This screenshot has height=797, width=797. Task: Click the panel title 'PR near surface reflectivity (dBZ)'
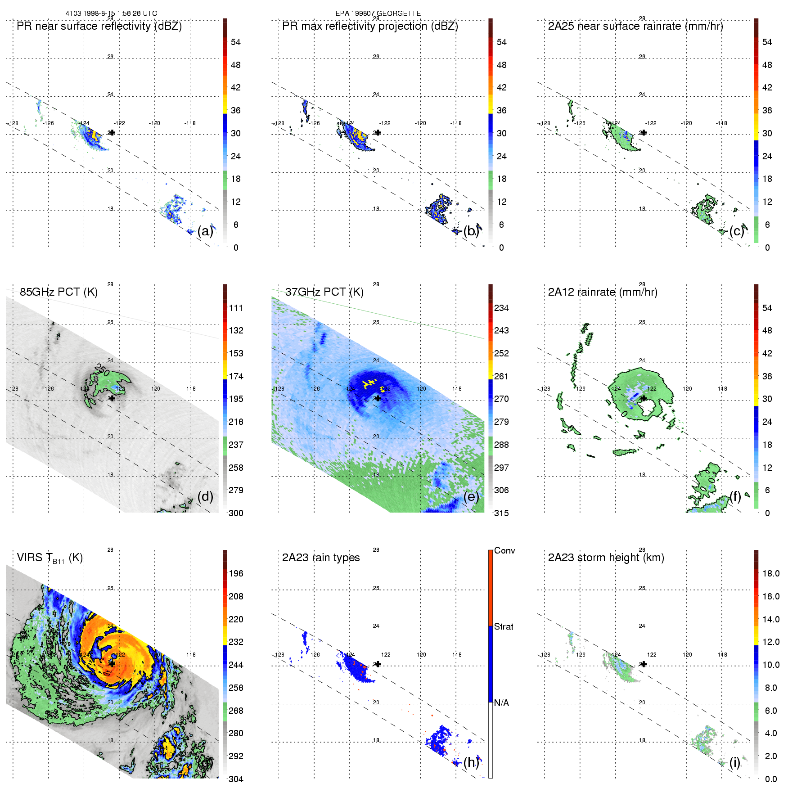tap(99, 26)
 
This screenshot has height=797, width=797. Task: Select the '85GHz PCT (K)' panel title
tap(59, 292)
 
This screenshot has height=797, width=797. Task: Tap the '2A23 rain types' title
tap(321, 558)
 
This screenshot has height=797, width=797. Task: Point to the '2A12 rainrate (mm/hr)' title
tap(603, 292)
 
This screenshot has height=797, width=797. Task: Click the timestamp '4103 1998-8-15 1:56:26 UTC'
tap(111, 14)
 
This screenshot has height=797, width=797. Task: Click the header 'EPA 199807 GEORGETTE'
tap(378, 14)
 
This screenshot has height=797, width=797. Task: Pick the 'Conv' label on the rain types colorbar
tap(504, 550)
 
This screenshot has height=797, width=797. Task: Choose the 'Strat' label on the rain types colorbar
tap(504, 626)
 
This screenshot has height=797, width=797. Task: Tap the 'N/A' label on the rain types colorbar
tap(501, 703)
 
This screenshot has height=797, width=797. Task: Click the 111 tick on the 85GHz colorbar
tap(236, 308)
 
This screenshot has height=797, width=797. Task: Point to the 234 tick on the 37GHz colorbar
tap(501, 308)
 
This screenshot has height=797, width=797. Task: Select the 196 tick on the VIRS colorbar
tap(236, 573)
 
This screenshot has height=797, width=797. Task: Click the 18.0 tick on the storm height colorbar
tap(771, 573)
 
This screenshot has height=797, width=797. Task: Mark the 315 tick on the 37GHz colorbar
tap(501, 513)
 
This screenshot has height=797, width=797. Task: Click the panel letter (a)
tap(205, 231)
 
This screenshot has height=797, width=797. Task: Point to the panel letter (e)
tap(471, 496)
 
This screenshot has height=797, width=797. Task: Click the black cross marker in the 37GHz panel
tap(378, 398)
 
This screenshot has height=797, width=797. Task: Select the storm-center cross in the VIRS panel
tap(112, 664)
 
